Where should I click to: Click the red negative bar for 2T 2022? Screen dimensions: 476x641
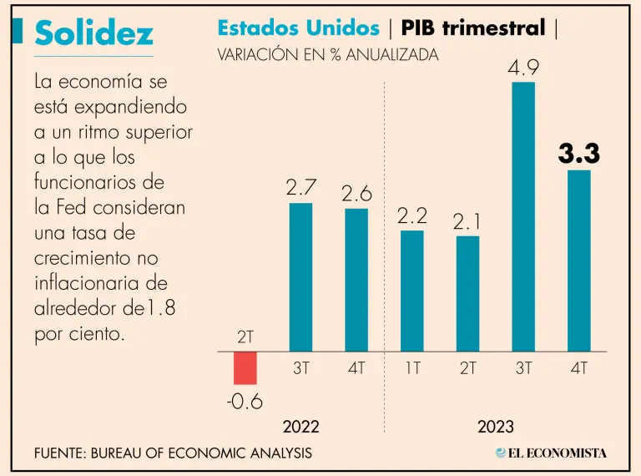tap(245, 367)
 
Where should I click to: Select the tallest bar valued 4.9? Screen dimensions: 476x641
tap(523, 216)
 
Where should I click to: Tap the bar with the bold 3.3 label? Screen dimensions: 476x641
tap(579, 261)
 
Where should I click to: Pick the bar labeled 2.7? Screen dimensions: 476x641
tap(300, 277)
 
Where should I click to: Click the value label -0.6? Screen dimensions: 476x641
tap(245, 402)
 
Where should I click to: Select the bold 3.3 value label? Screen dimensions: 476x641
tap(579, 154)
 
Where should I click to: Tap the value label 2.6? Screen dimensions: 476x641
tap(356, 194)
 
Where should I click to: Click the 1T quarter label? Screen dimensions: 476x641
tap(412, 368)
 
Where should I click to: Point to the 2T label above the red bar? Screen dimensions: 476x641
tap(245, 338)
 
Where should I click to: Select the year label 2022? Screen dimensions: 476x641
tap(300, 427)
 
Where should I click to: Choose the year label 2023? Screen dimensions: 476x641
tap(496, 427)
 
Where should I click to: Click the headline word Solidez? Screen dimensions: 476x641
tap(94, 33)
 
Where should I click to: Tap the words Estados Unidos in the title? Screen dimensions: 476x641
tap(298, 28)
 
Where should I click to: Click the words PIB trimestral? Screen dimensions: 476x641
tap(472, 28)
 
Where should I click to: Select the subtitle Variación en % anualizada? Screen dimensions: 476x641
tap(327, 56)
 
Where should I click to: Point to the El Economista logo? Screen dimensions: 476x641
tap(551, 453)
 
